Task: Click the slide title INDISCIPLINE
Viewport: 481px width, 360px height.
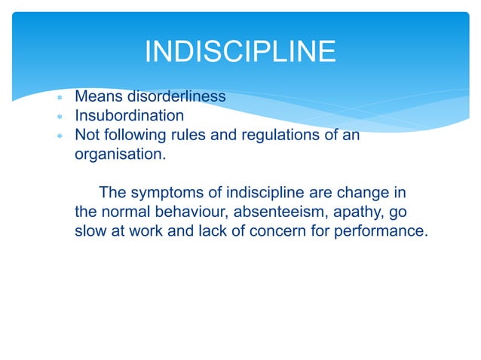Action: [240, 52]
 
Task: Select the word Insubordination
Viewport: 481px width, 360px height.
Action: [129, 116]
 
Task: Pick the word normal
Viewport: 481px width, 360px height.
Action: [126, 212]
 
